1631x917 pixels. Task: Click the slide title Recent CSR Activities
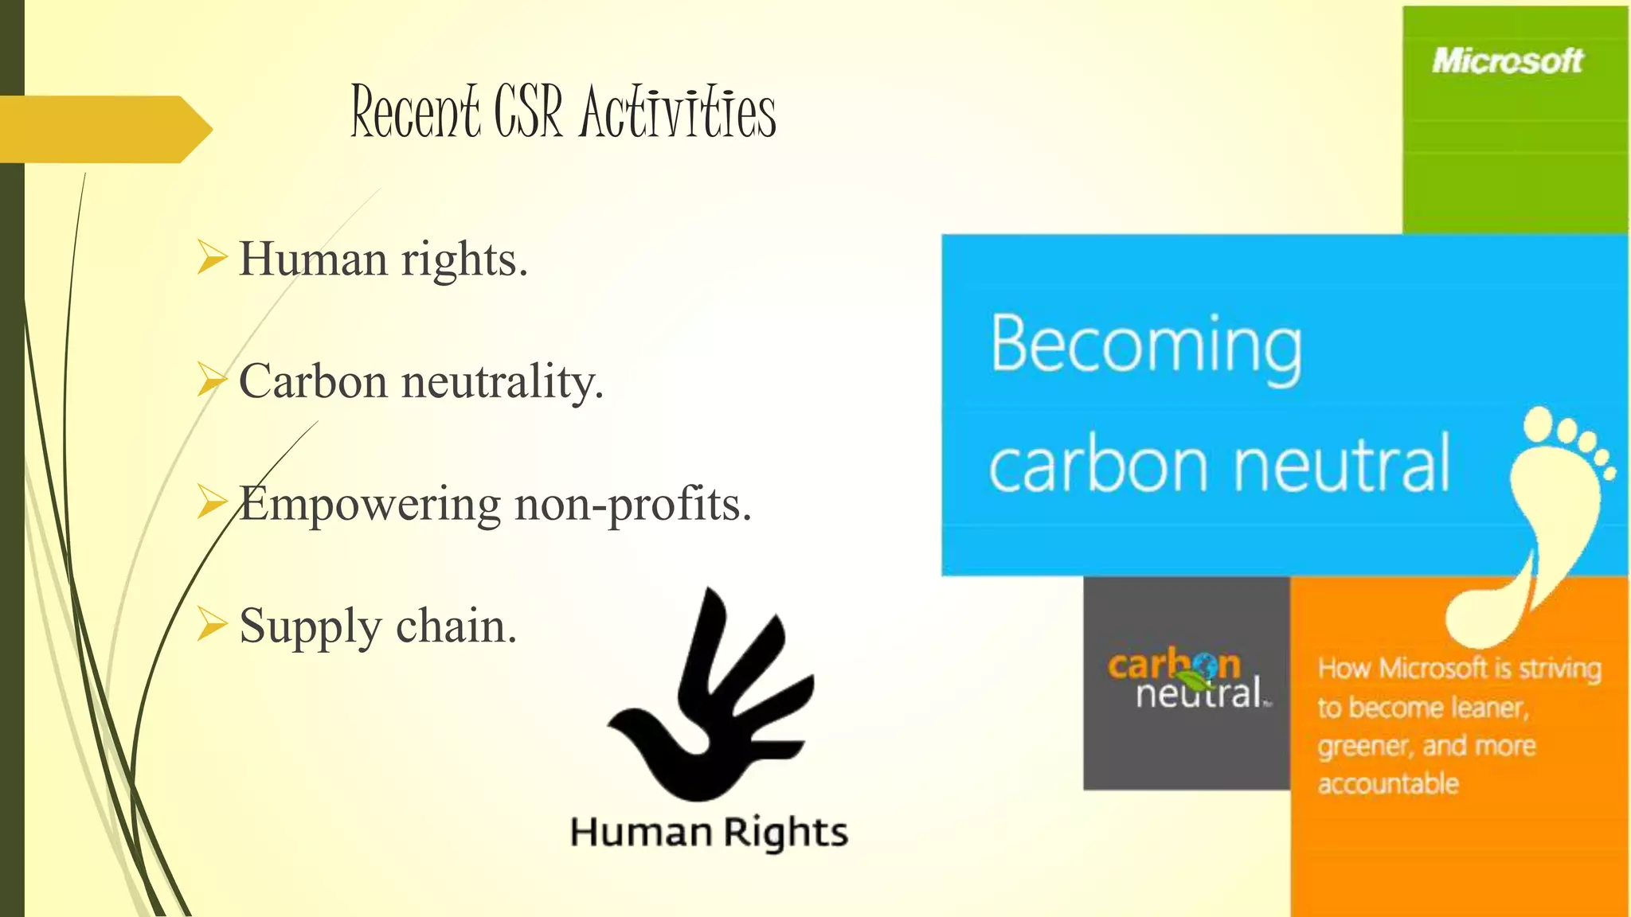563,112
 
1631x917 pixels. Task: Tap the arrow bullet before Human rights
212,258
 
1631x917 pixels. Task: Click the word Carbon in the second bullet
313,381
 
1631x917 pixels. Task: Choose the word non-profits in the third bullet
632,505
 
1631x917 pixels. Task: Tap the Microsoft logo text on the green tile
1508,60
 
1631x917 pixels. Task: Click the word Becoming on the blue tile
1146,345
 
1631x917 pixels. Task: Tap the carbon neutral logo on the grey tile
1187,681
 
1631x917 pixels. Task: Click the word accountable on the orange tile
1388,784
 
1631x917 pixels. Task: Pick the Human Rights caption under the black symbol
709,832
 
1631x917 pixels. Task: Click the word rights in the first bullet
463,259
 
